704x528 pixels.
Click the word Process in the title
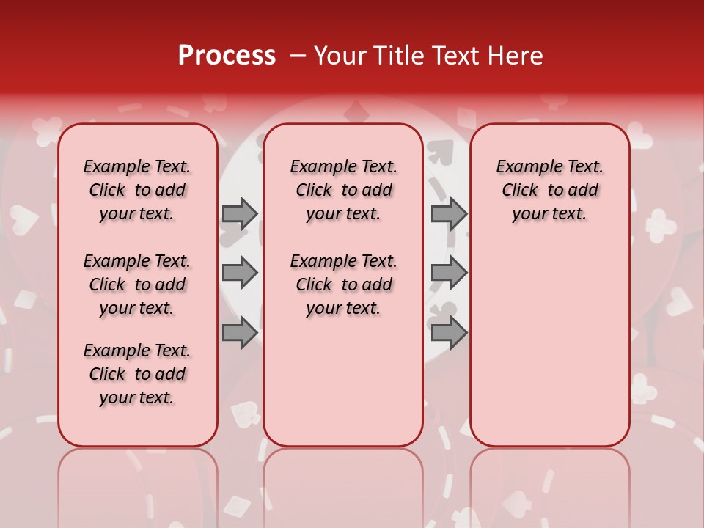point(227,56)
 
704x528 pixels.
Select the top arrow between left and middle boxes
point(240,213)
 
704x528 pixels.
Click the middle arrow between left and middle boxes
point(240,273)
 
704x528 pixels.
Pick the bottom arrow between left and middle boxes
point(240,333)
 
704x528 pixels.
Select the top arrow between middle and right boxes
point(449,213)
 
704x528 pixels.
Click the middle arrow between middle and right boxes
point(449,273)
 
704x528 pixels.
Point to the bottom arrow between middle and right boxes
point(449,333)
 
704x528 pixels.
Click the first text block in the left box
point(137,190)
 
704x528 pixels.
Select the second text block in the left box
point(137,285)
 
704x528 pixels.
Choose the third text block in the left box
point(137,374)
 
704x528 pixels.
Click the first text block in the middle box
point(343,190)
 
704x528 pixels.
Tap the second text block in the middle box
point(343,285)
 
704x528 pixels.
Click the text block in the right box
point(549,190)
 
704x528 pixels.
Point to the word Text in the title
point(453,56)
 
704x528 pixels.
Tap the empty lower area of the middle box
point(343,381)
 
